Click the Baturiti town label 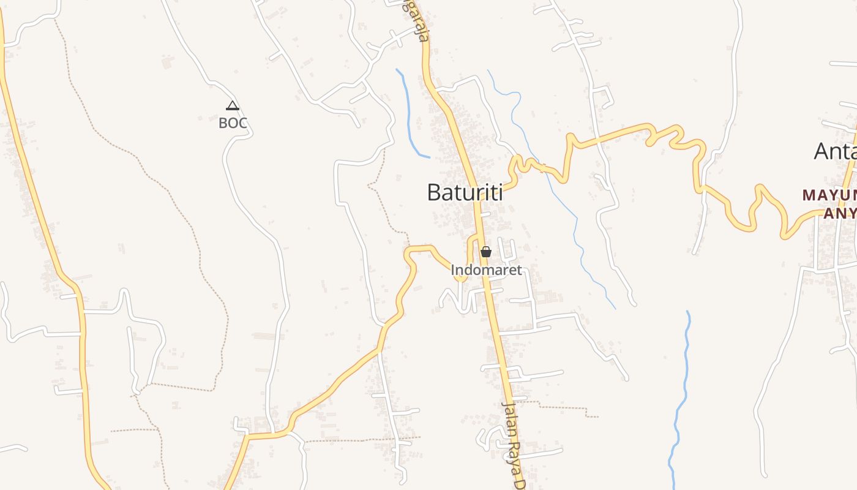[465, 192]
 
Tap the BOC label [233, 123]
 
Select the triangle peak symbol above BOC [233, 106]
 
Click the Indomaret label [486, 269]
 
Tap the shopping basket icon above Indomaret [486, 252]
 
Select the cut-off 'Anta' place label [836, 151]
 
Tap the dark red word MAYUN [829, 195]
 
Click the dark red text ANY [840, 213]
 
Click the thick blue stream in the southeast [681, 398]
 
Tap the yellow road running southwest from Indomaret [343, 380]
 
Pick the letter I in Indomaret [453, 269]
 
